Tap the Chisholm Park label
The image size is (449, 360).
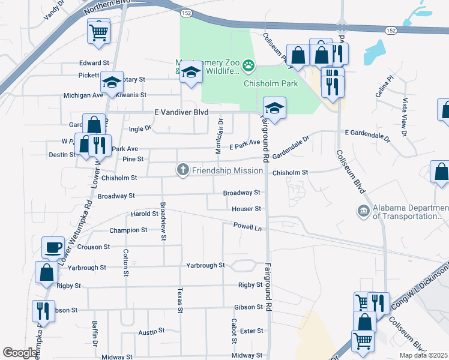(271, 83)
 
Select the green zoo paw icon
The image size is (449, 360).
(248, 65)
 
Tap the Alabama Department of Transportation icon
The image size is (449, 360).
(363, 211)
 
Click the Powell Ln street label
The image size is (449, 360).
(248, 228)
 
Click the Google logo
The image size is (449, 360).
(20, 353)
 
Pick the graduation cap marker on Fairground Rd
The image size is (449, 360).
(274, 109)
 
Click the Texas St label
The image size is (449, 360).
(179, 300)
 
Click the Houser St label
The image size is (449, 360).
(247, 209)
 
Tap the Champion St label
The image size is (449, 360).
(128, 230)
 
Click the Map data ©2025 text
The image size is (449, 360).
(423, 355)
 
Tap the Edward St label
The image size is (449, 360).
(94, 62)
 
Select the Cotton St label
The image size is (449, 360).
(125, 263)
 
